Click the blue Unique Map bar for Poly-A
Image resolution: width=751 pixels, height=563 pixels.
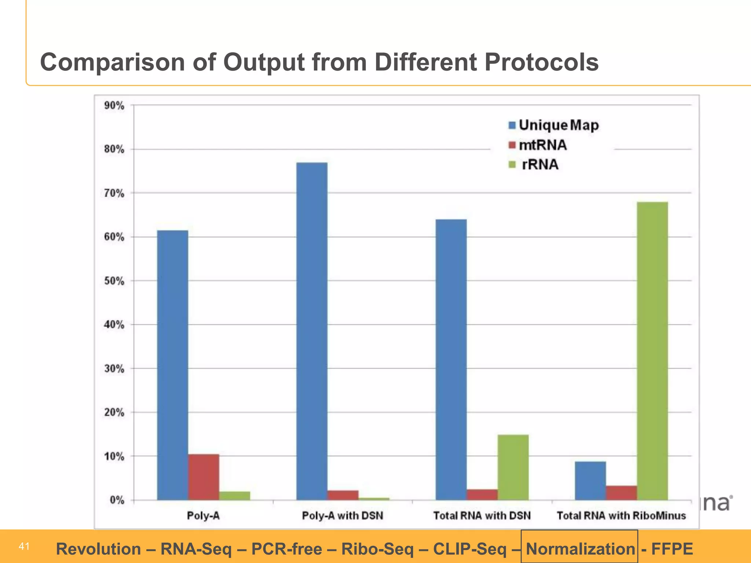pos(172,365)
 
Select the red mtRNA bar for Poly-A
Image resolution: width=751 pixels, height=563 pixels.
pos(204,477)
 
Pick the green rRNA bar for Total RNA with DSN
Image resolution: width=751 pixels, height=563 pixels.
pos(513,467)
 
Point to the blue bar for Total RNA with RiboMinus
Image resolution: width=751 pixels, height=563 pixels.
pos(590,481)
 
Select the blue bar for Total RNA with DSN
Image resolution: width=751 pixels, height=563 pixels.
pos(451,360)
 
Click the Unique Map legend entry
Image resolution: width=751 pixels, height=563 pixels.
pos(554,125)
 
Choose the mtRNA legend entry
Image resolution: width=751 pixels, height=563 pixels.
pos(538,145)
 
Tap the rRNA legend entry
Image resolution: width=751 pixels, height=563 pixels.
pos(535,165)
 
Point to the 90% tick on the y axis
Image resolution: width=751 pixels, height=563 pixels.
pos(114,106)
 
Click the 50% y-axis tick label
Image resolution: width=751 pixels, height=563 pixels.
pos(114,281)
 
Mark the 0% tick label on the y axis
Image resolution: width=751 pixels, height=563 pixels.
pos(117,500)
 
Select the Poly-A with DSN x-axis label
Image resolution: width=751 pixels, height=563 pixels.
pos(342,516)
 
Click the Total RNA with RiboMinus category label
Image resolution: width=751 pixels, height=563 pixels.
pos(621,516)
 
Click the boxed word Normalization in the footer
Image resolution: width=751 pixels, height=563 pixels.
pos(580,549)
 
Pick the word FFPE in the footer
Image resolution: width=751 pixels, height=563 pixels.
pos(672,549)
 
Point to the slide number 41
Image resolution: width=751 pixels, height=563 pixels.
pos(24,547)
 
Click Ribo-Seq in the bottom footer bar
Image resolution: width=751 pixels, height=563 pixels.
pos(377,549)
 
